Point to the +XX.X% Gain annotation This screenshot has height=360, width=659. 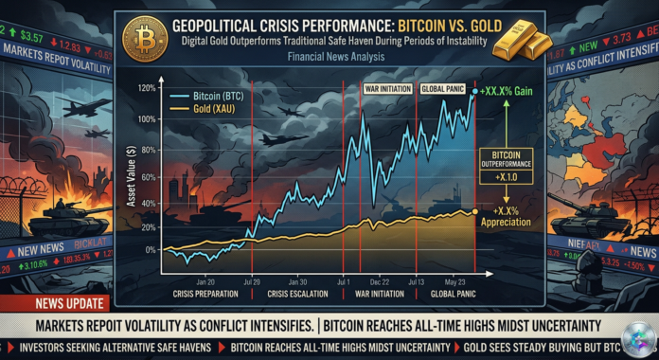pyautogui.click(x=510, y=91)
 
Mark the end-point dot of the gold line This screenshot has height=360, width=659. pyautogui.click(x=473, y=212)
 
